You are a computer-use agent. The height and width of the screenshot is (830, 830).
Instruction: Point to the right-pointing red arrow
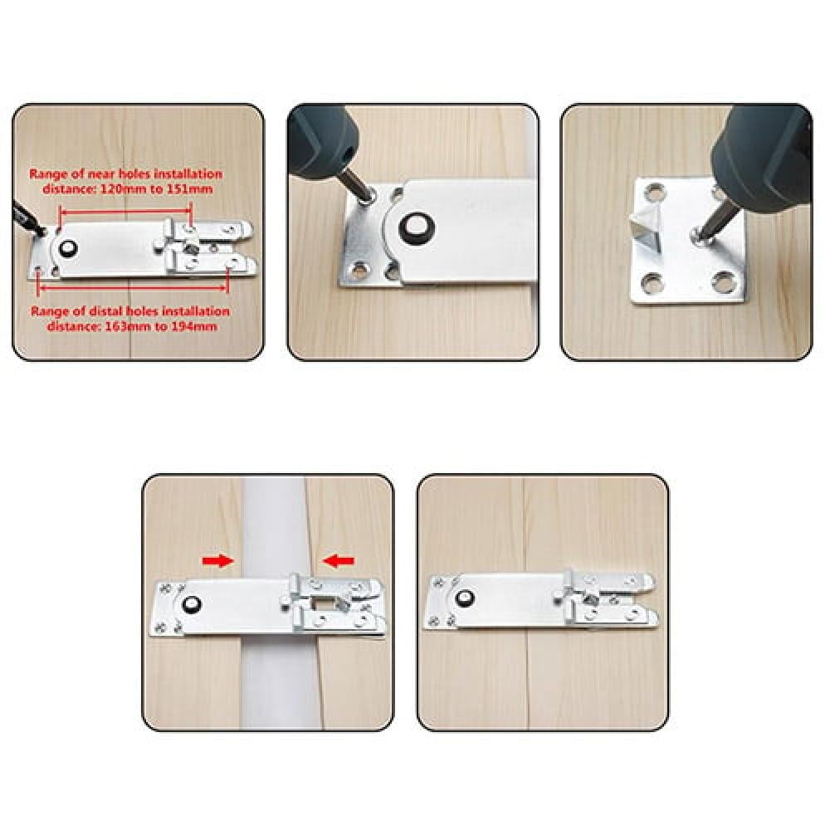click(217, 560)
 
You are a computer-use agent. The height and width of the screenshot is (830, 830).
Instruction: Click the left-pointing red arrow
click(339, 560)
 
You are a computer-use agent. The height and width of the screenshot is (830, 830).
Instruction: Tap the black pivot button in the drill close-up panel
click(416, 229)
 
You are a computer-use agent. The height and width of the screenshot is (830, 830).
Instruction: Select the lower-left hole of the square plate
click(652, 283)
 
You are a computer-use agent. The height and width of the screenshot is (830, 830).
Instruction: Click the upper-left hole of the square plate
click(655, 192)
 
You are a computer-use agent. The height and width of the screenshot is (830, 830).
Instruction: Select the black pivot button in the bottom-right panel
click(464, 598)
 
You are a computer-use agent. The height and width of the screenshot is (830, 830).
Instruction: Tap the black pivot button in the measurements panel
click(68, 248)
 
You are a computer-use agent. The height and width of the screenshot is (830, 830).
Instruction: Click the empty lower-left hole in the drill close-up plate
click(360, 271)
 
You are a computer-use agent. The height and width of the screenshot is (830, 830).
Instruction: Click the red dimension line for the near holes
click(125, 211)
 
